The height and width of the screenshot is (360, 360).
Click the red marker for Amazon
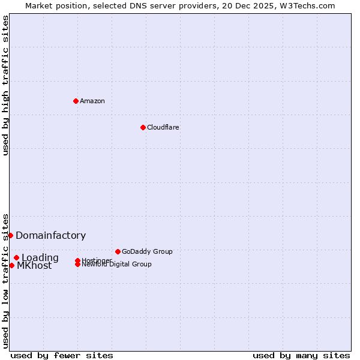tap(76, 101)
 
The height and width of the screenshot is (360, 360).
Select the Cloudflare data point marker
tap(143, 127)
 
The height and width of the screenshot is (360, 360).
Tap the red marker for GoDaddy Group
tap(118, 251)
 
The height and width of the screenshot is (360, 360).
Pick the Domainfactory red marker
tap(11, 235)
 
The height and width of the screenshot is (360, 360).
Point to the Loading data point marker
tap(17, 257)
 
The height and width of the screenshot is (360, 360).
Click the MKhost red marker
tap(11, 265)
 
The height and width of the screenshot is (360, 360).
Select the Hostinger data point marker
tap(78, 260)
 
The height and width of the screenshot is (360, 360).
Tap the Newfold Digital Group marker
tap(78, 265)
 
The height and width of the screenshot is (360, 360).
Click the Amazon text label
tap(92, 101)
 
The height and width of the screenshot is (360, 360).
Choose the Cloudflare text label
tap(163, 127)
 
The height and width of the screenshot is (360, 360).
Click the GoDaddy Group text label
tap(147, 251)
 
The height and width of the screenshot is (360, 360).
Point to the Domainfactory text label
tap(51, 236)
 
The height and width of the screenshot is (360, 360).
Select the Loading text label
tap(40, 258)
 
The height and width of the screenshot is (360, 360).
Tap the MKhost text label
tap(34, 266)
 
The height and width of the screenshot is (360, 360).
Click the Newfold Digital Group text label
tap(117, 265)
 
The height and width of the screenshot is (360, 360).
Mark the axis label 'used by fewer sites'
tap(62, 355)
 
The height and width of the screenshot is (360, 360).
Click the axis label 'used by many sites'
tap(301, 355)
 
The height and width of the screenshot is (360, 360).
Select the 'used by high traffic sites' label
tap(5, 85)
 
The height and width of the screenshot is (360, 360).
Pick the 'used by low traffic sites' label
tap(5, 280)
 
